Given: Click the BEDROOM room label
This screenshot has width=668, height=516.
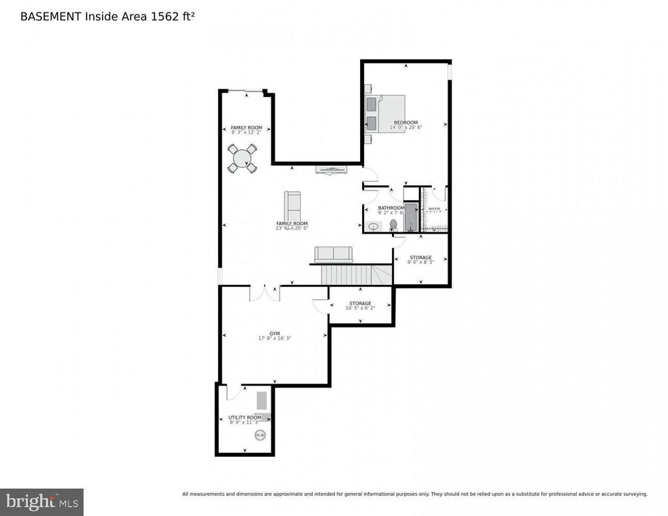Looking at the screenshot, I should click(405, 122).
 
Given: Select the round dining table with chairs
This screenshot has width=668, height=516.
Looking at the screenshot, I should click(242, 159).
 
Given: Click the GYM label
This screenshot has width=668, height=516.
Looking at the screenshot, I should click(275, 333).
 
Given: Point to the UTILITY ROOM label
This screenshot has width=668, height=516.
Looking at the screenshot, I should click(245, 417).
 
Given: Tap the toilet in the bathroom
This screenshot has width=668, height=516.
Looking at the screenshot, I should click(393, 225).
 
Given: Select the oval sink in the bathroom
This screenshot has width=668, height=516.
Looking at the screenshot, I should click(374, 227).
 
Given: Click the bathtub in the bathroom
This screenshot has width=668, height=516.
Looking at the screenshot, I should click(410, 217).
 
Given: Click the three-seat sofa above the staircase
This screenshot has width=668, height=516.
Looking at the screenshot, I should click(333, 254).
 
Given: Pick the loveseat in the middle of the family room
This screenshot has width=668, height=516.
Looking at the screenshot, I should click(293, 207).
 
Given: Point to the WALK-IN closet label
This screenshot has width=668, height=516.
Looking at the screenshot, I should click(434, 209).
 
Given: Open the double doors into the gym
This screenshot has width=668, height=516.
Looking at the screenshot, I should click(265, 292).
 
